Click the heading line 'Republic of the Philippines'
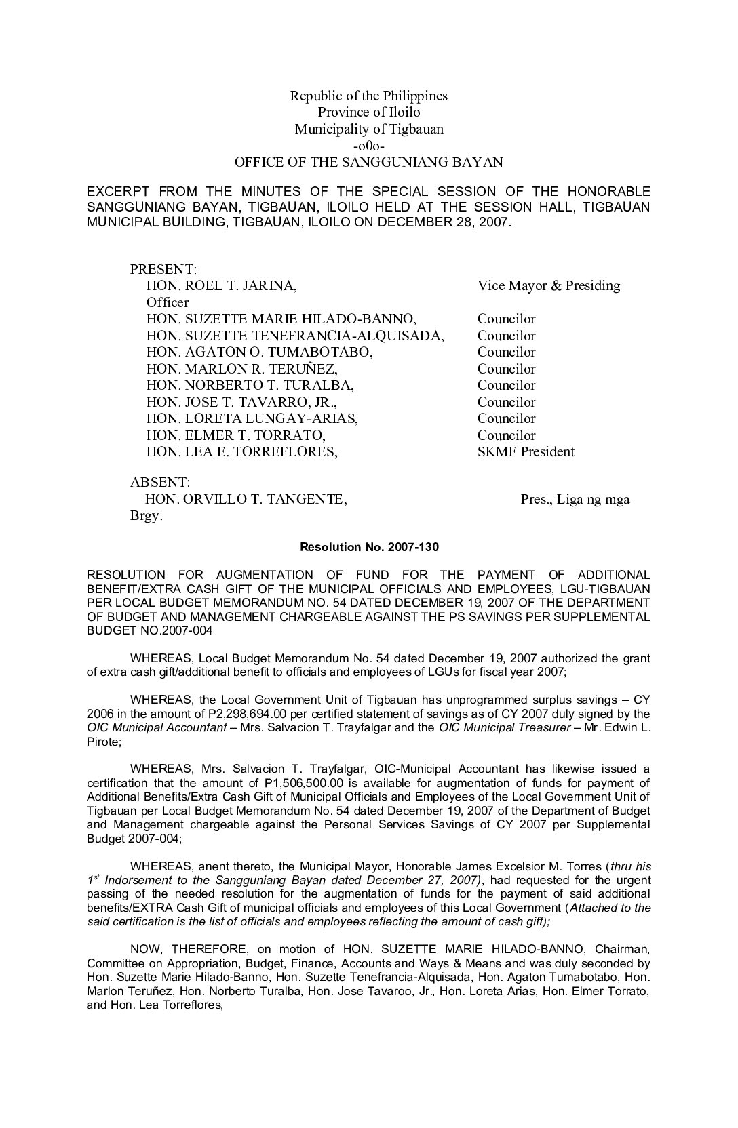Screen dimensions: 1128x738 pyautogui.click(x=368, y=96)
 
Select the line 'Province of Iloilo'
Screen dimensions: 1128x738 pyautogui.click(x=368, y=113)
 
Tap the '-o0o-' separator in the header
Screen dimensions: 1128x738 pyautogui.click(x=369, y=146)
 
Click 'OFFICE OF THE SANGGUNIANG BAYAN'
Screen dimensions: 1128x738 pyautogui.click(x=368, y=163)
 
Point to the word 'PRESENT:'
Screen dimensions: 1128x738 pyautogui.click(x=163, y=269)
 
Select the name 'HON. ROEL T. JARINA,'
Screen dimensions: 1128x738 pyautogui.click(x=222, y=286)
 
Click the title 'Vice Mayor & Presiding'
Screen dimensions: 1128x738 pyautogui.click(x=548, y=286)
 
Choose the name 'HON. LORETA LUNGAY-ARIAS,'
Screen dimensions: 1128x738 pyautogui.click(x=252, y=419)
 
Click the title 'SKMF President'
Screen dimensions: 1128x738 pyautogui.click(x=526, y=452)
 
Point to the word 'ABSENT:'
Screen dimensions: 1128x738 pyautogui.click(x=160, y=483)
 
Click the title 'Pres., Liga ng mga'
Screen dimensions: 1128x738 pyautogui.click(x=575, y=500)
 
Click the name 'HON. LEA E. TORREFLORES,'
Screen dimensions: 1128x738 pyautogui.click(x=242, y=452)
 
